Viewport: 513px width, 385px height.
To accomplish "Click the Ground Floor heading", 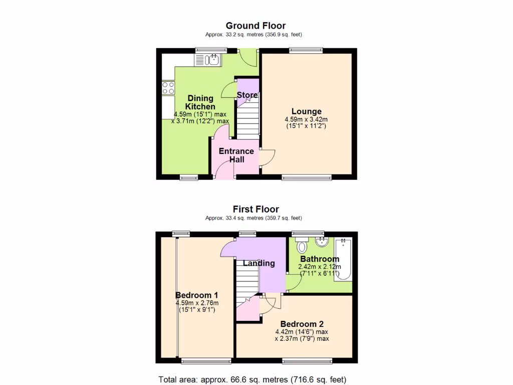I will pyautogui.click(x=255, y=26).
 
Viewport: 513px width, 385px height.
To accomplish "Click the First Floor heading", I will pyautogui.click(x=255, y=209).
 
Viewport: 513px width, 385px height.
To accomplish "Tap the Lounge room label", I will pyautogui.click(x=307, y=111).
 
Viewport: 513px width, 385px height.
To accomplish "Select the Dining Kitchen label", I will pyautogui.click(x=200, y=102).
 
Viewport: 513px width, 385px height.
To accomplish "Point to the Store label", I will pyautogui.click(x=247, y=95).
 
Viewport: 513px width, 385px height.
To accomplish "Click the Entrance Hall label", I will pyautogui.click(x=236, y=155).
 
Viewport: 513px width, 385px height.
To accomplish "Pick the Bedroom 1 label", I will pyautogui.click(x=196, y=295).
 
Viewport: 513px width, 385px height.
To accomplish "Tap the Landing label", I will pyautogui.click(x=259, y=263).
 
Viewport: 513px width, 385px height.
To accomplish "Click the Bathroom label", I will pyautogui.click(x=320, y=259).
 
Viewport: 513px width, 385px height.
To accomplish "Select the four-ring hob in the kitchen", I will pyautogui.click(x=168, y=88).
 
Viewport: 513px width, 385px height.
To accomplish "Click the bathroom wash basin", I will pyautogui.click(x=320, y=243).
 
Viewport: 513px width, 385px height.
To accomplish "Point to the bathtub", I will pyautogui.click(x=344, y=259).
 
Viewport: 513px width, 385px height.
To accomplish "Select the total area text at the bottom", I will pyautogui.click(x=252, y=379).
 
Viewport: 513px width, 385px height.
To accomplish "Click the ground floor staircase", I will pyautogui.click(x=247, y=120).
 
